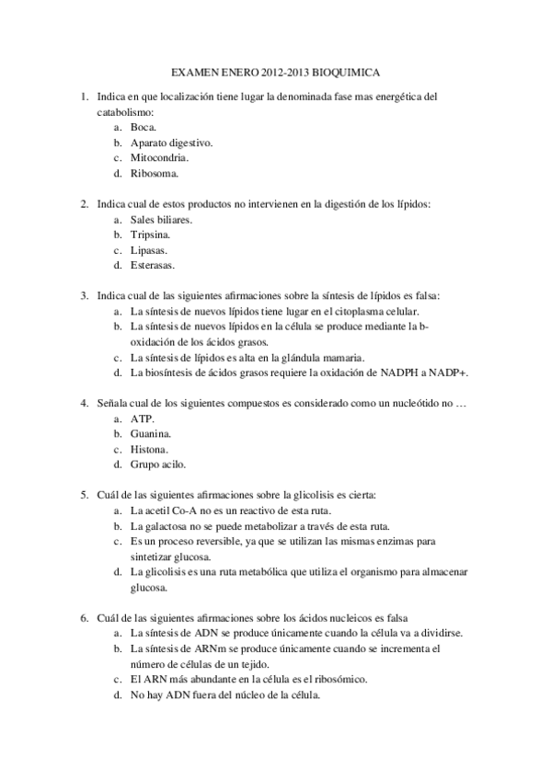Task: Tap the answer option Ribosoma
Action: (155, 173)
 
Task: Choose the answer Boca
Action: (144, 128)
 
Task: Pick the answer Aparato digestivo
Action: (172, 143)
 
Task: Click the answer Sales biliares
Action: (162, 221)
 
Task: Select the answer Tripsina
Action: (151, 235)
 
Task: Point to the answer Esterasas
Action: (153, 266)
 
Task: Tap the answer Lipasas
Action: (149, 250)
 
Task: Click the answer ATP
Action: (143, 419)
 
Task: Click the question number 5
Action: (84, 495)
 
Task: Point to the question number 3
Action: (84, 296)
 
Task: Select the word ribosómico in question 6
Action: (335, 679)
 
